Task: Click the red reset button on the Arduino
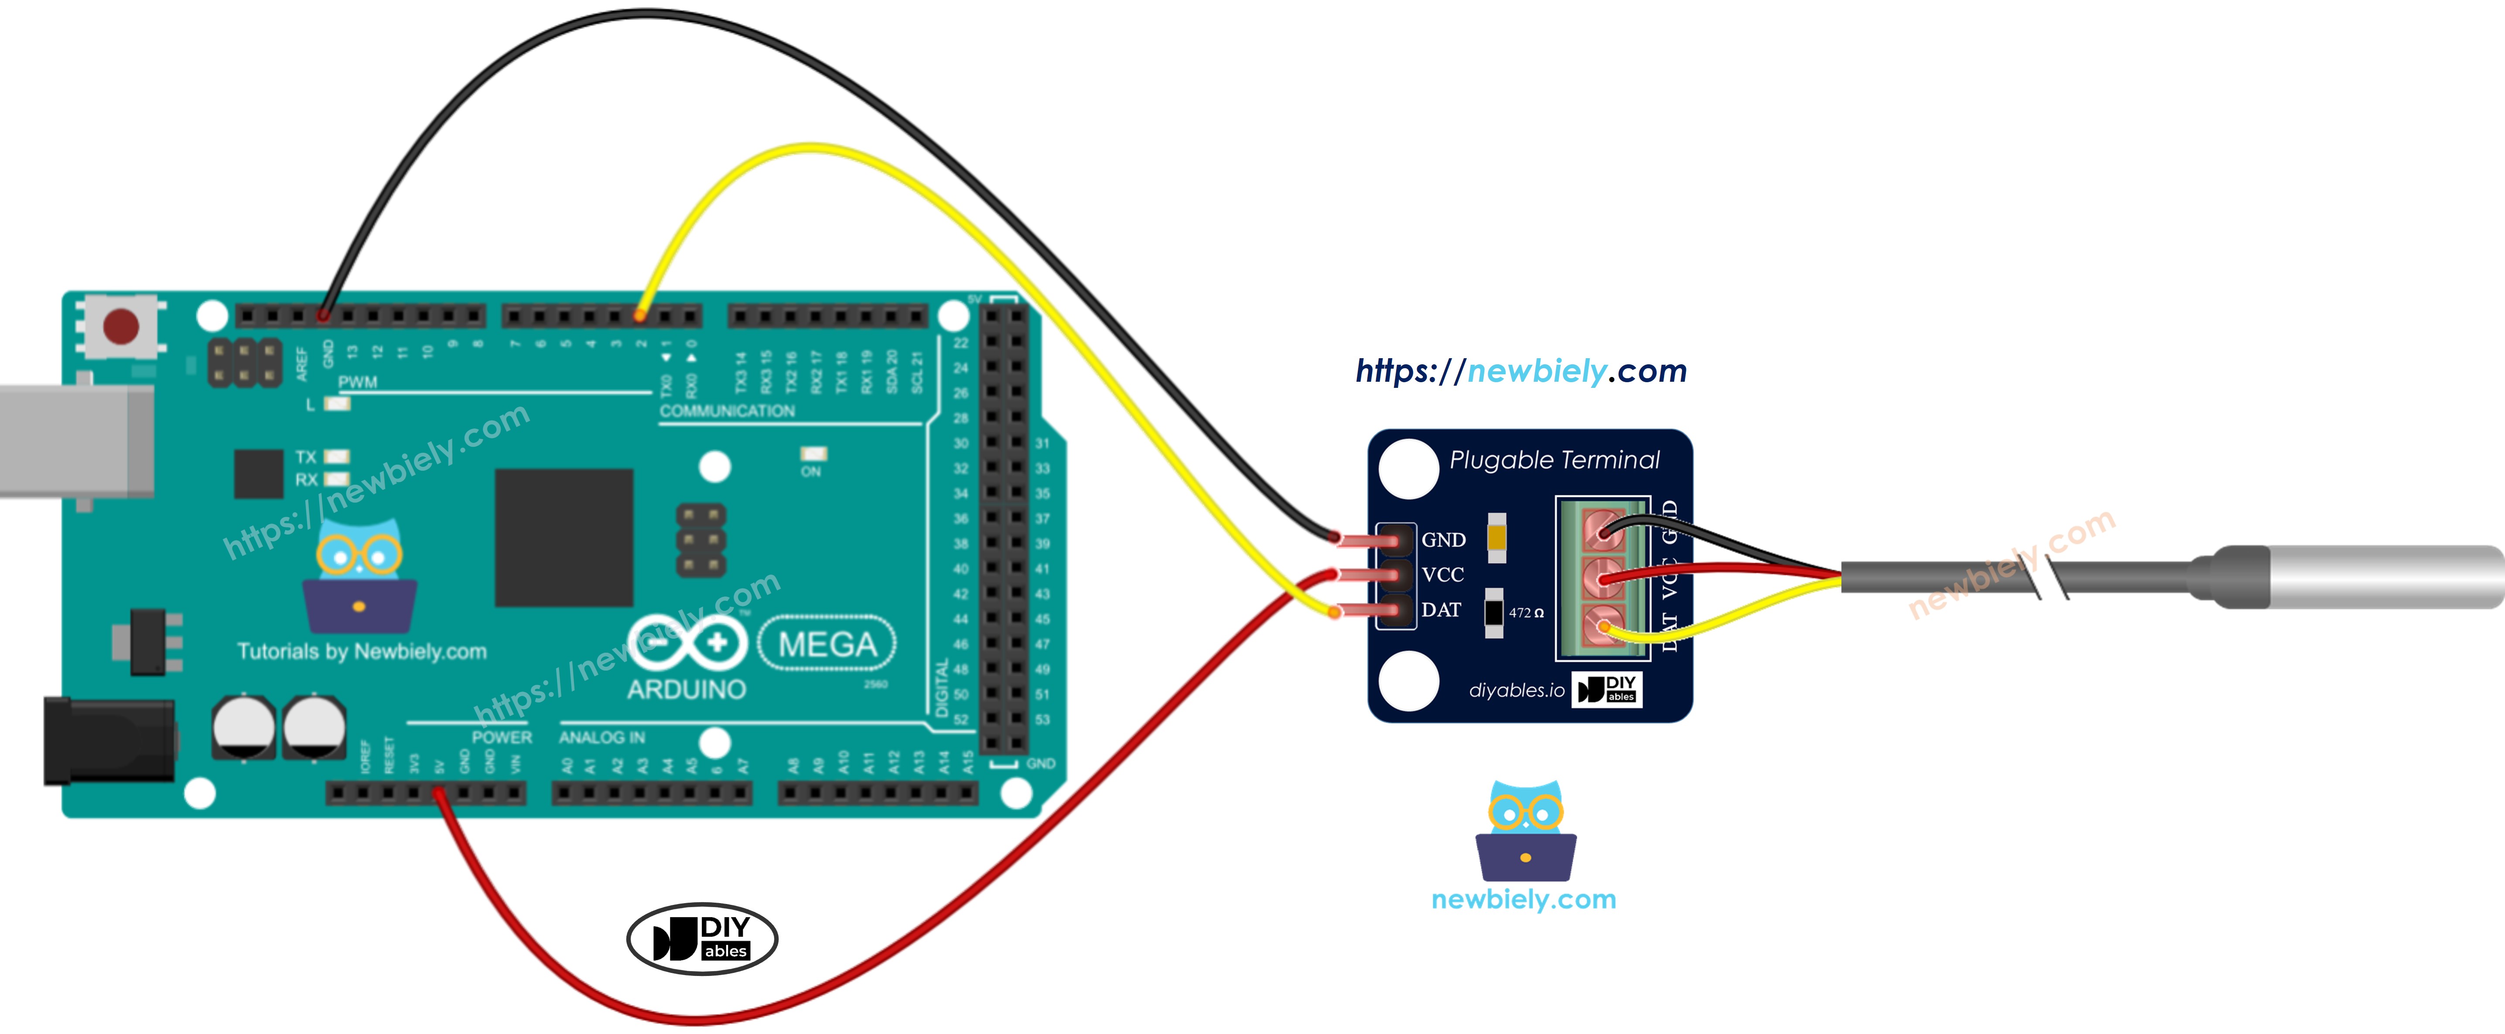click(120, 326)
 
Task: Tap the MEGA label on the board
click(827, 644)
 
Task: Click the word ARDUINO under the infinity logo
click(687, 690)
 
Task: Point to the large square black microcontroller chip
click(564, 537)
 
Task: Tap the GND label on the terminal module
click(1443, 540)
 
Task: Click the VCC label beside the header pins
click(1442, 575)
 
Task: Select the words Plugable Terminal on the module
click(1554, 460)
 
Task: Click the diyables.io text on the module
click(1516, 691)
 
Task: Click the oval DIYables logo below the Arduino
click(702, 939)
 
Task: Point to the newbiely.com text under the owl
click(1523, 900)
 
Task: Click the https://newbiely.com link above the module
click(1521, 370)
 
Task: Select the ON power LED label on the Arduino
click(811, 472)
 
